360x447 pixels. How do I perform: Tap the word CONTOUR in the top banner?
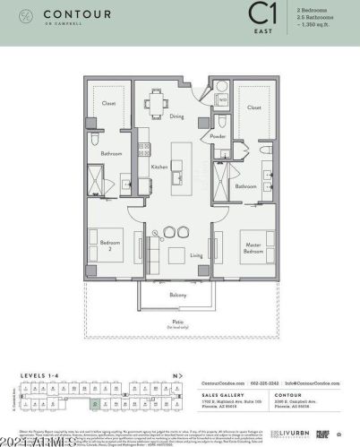click(68, 14)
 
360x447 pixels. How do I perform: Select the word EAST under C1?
click(261, 30)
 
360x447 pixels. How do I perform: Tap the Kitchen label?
click(159, 167)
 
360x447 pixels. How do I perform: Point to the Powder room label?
click(218, 136)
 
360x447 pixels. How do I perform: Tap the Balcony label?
click(178, 293)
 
